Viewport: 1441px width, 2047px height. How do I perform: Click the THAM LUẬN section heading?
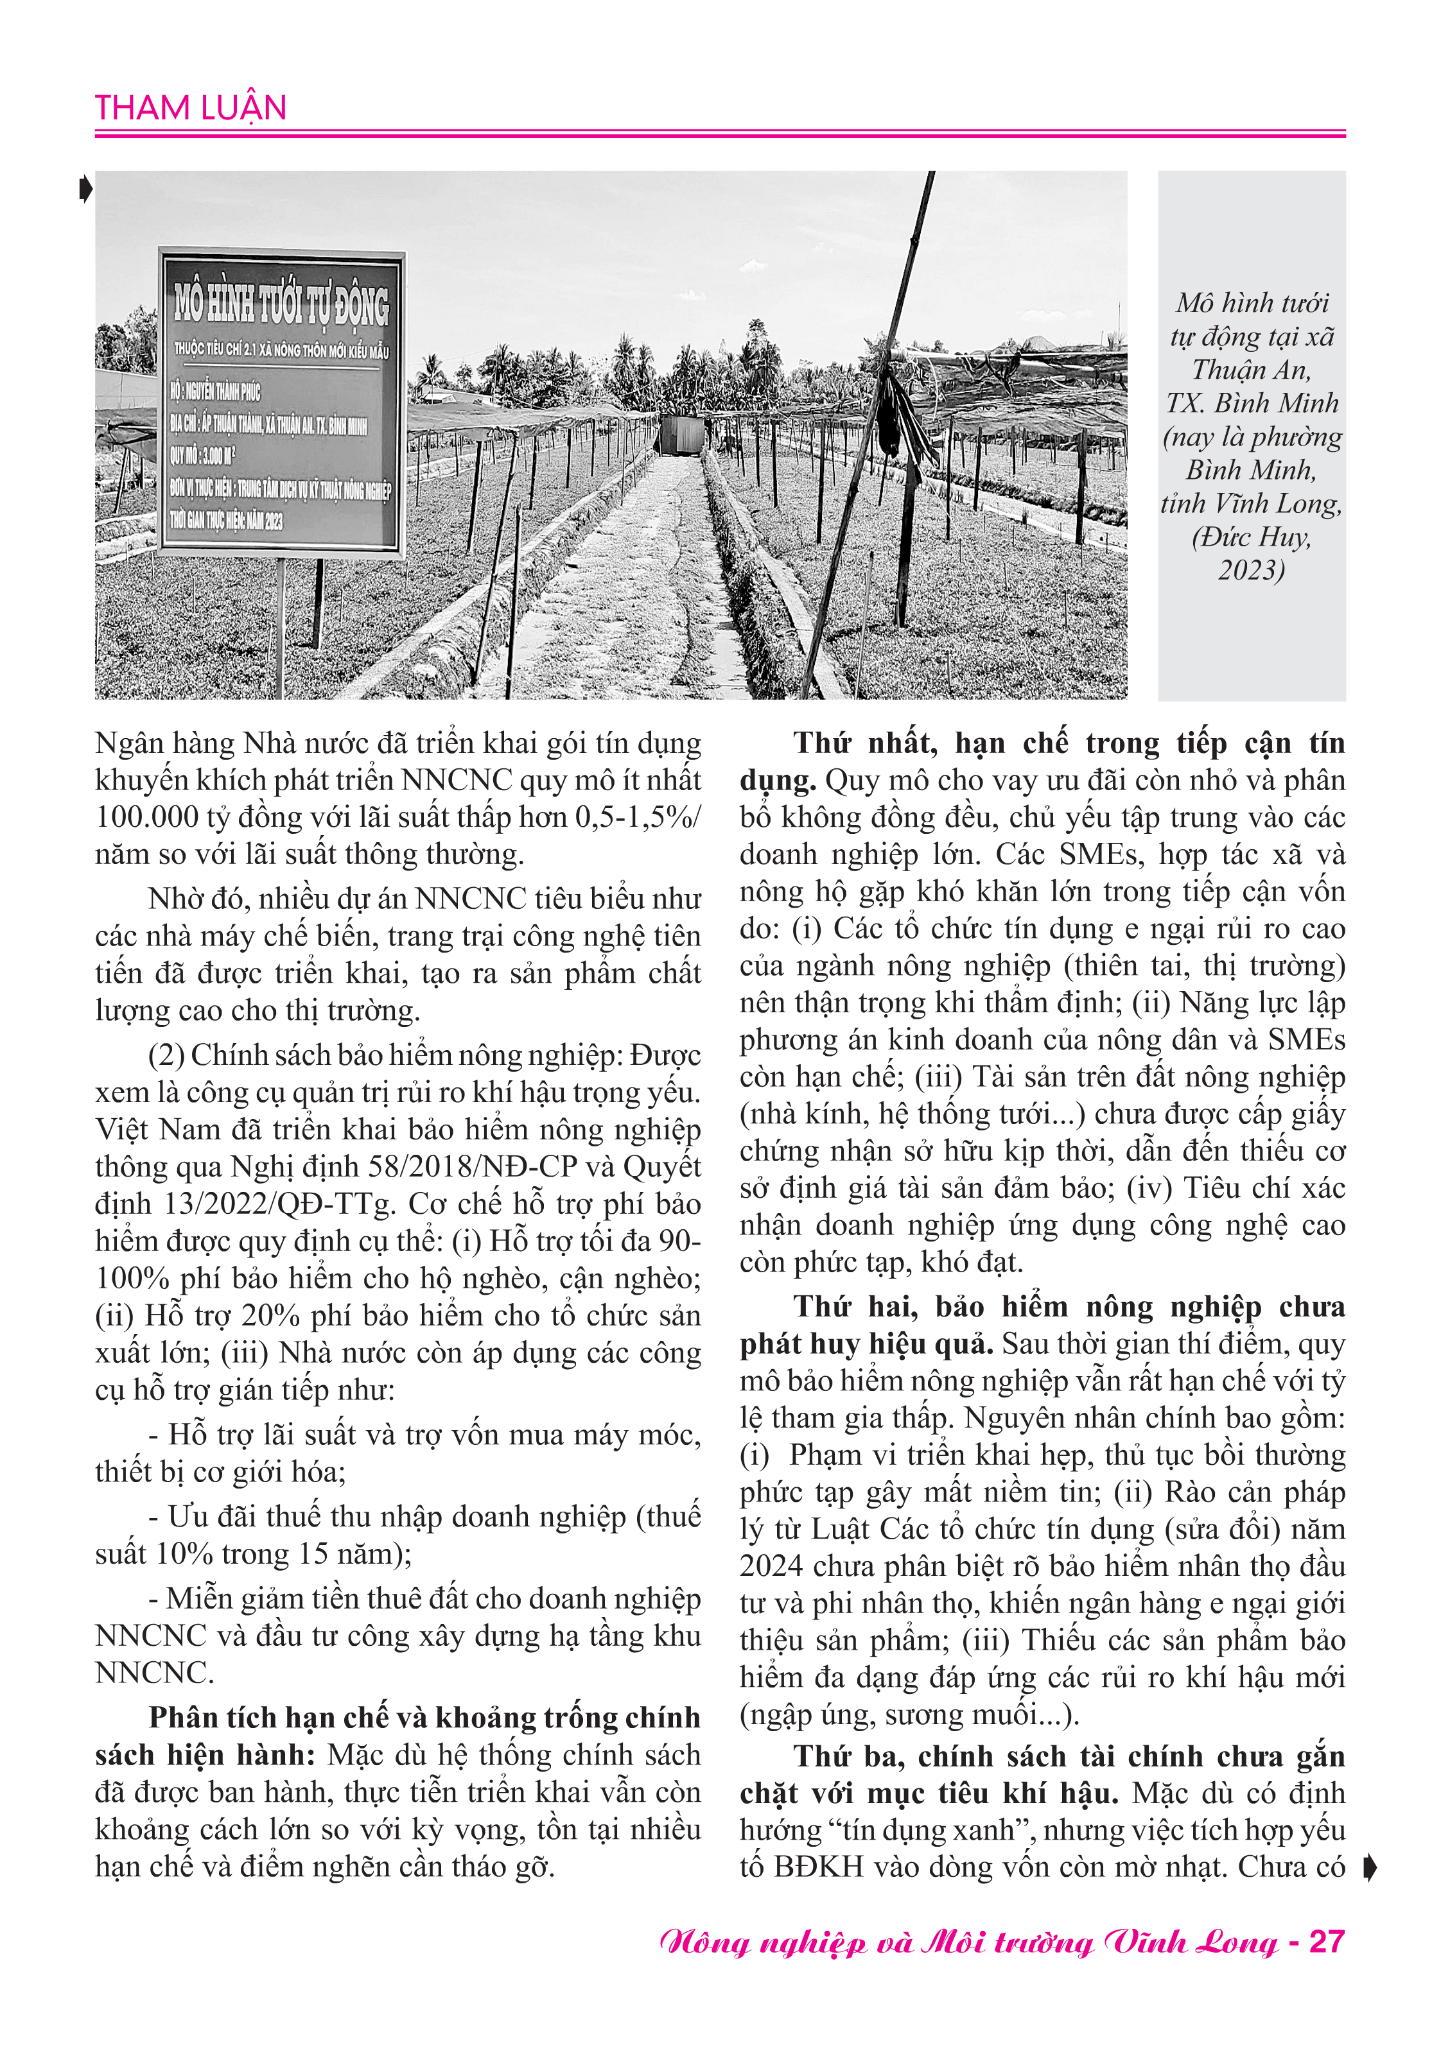[x=190, y=108]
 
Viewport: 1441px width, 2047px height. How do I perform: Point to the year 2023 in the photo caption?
[x=1251, y=570]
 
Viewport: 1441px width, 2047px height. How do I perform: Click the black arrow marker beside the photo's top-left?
[x=85, y=189]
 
